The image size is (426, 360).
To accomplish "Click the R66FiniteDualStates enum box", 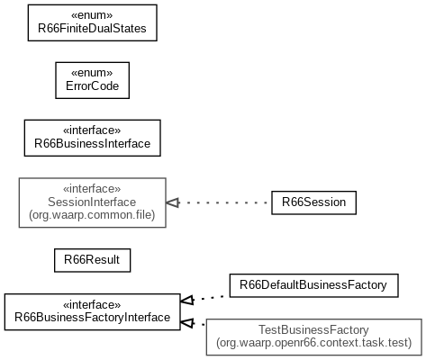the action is click(x=93, y=22).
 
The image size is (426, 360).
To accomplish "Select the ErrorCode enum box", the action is click(x=93, y=80).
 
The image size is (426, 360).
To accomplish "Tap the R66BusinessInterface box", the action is click(x=93, y=138).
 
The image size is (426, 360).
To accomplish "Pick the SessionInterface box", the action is click(x=93, y=202).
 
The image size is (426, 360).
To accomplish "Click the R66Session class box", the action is click(x=314, y=202).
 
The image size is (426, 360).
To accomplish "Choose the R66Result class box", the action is click(x=93, y=260).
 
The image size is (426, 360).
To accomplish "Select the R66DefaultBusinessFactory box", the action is click(x=314, y=285).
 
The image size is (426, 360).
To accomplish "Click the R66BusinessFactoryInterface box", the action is click(x=93, y=312).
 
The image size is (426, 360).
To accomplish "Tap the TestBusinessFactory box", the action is click(x=314, y=337).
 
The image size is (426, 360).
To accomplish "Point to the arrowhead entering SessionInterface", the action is click(x=173, y=202).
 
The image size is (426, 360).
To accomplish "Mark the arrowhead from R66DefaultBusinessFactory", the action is click(x=187, y=300).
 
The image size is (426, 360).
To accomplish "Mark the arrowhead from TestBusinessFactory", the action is click(x=187, y=323).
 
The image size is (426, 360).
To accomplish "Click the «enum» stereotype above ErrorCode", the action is click(x=92, y=73).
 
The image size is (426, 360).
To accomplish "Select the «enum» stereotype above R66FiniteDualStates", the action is click(x=92, y=15).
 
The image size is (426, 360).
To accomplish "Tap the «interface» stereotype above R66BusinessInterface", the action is click(x=92, y=130).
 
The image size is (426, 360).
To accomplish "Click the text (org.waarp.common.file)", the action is click(x=92, y=215).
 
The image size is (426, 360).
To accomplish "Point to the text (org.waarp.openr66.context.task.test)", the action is click(x=314, y=343).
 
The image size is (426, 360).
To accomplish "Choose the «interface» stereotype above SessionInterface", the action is click(x=92, y=189).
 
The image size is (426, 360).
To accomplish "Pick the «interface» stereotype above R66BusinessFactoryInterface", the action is click(x=92, y=305).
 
